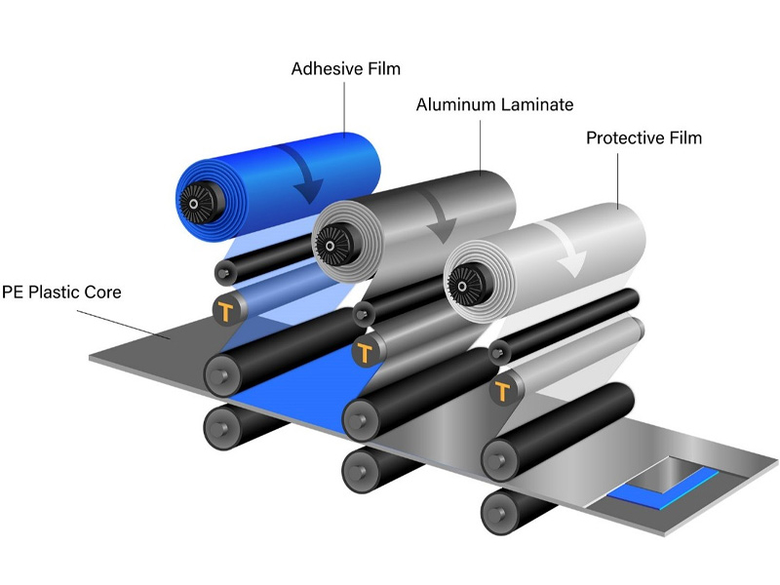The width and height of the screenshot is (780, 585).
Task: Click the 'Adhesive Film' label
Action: point(346,69)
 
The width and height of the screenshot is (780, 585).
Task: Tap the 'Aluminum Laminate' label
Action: point(494,103)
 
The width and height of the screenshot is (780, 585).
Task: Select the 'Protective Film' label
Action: point(643,137)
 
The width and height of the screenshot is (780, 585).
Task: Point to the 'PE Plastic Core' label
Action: point(60,292)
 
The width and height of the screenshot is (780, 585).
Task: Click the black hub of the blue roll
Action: point(195,202)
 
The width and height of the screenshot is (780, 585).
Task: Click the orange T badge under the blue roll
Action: point(226,311)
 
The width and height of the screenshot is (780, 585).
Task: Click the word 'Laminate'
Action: point(536,103)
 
